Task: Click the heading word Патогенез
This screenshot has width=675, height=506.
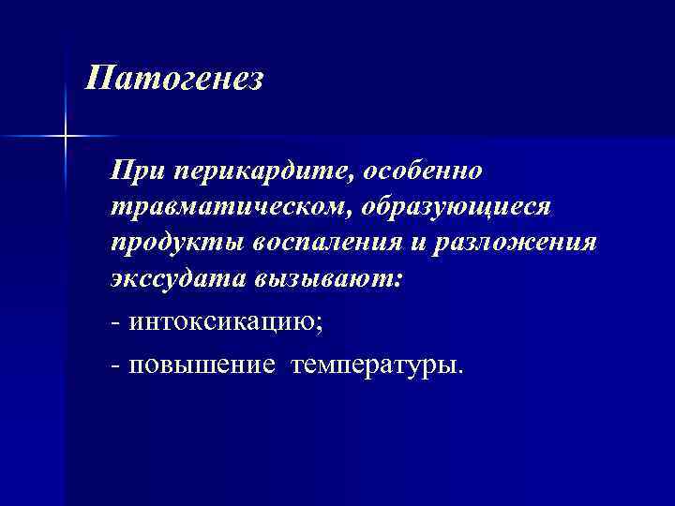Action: pos(174,78)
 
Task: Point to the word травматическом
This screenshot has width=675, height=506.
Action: pos(229,206)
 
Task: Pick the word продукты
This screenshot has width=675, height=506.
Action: pos(175,243)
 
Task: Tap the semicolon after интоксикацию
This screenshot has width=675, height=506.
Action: pos(327,325)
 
